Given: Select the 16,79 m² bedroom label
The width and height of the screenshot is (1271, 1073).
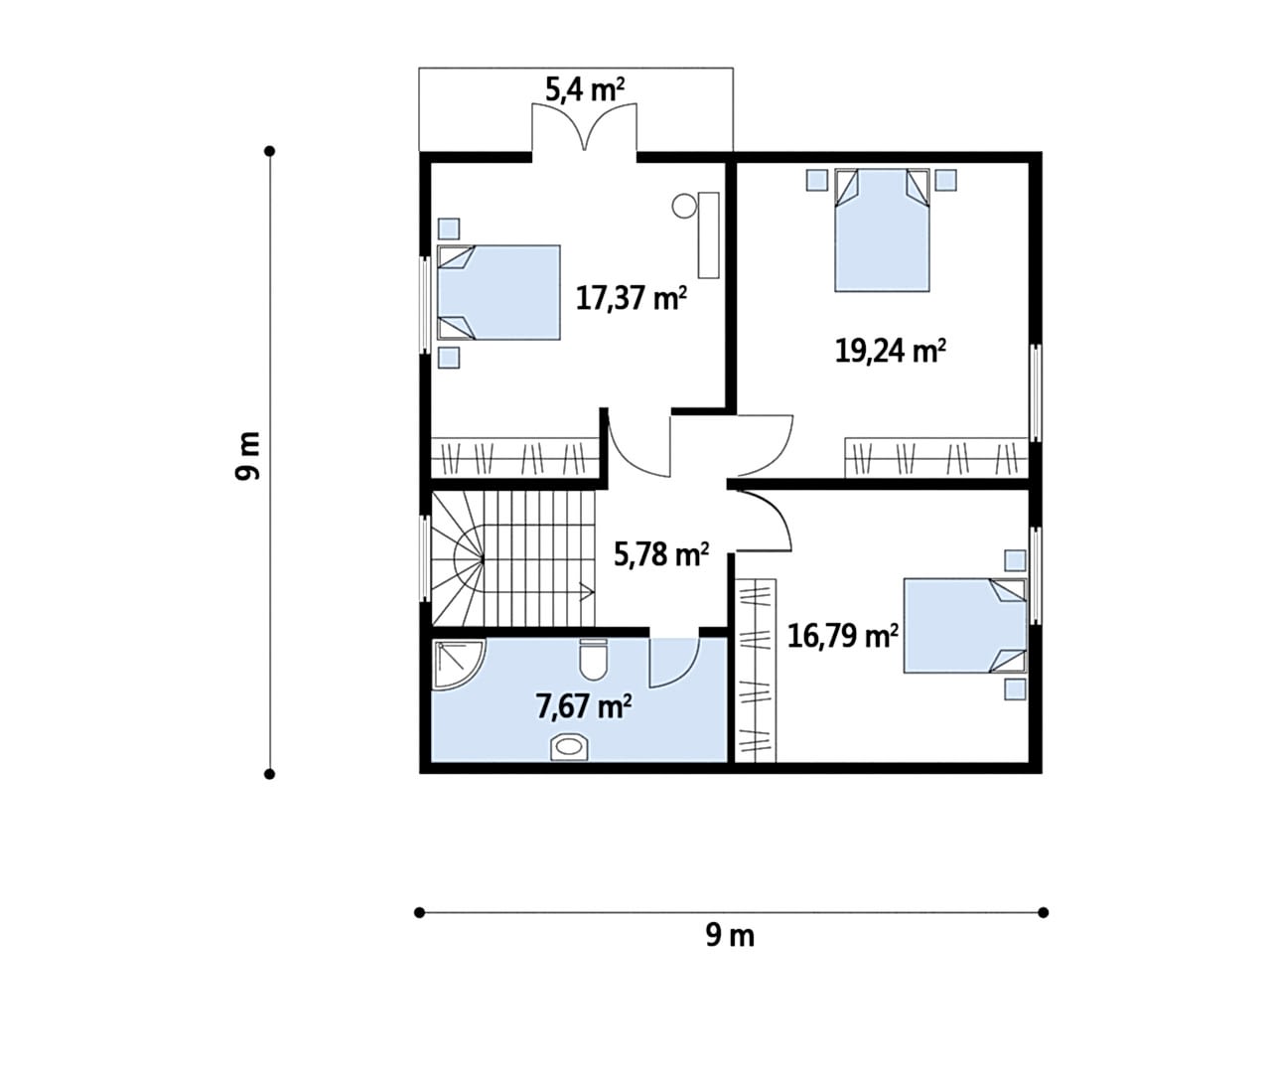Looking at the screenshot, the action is pyautogui.click(x=842, y=636).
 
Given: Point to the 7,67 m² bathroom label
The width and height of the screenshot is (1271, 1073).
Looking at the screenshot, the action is pyautogui.click(x=584, y=706).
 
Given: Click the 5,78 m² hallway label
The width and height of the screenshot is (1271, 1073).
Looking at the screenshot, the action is pyautogui.click(x=661, y=554).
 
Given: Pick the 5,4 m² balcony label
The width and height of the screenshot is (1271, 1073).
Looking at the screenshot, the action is pyautogui.click(x=585, y=89).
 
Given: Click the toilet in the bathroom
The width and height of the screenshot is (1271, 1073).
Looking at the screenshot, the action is pyautogui.click(x=593, y=660).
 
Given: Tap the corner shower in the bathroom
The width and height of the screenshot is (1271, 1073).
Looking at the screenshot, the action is pyautogui.click(x=458, y=665).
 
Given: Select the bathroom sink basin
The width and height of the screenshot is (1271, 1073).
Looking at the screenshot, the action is pyautogui.click(x=569, y=747).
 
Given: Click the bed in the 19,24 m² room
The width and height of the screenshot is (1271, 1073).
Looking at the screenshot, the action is pyautogui.click(x=882, y=230).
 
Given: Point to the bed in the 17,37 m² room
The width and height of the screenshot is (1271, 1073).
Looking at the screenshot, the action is pyautogui.click(x=498, y=293).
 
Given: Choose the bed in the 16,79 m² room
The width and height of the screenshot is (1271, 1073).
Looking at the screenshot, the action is pyautogui.click(x=965, y=626).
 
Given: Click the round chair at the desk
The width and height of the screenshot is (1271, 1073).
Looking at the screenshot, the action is pyautogui.click(x=684, y=206).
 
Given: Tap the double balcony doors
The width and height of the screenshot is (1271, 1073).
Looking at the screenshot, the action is pyautogui.click(x=585, y=126).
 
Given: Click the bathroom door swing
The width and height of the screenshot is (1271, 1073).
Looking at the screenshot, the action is pyautogui.click(x=674, y=663).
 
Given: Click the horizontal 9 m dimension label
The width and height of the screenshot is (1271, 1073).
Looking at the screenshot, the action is pyautogui.click(x=730, y=935).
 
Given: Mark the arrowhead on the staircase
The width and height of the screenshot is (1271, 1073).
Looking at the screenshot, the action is pyautogui.click(x=586, y=592).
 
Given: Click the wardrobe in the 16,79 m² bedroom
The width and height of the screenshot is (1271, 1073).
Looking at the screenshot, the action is pyautogui.click(x=756, y=671).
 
